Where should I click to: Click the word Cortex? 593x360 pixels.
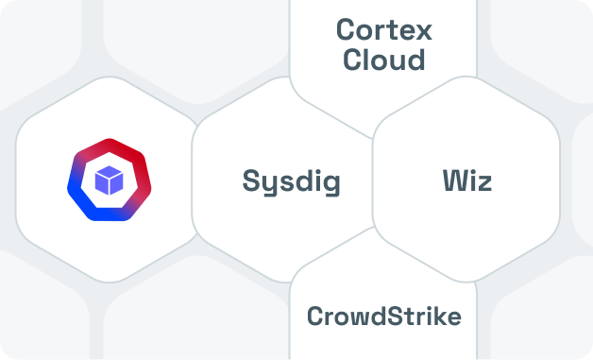click(x=384, y=29)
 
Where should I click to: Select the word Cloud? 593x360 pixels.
click(x=384, y=60)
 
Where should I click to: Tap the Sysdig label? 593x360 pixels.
click(x=291, y=181)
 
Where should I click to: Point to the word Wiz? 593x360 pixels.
click(x=466, y=180)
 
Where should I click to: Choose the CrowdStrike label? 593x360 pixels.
click(x=384, y=316)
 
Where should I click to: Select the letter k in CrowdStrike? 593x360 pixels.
click(x=440, y=316)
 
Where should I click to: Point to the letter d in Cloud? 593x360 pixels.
click(x=415, y=60)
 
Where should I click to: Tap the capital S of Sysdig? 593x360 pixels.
click(x=251, y=180)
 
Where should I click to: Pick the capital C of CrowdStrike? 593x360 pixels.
click(x=315, y=316)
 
